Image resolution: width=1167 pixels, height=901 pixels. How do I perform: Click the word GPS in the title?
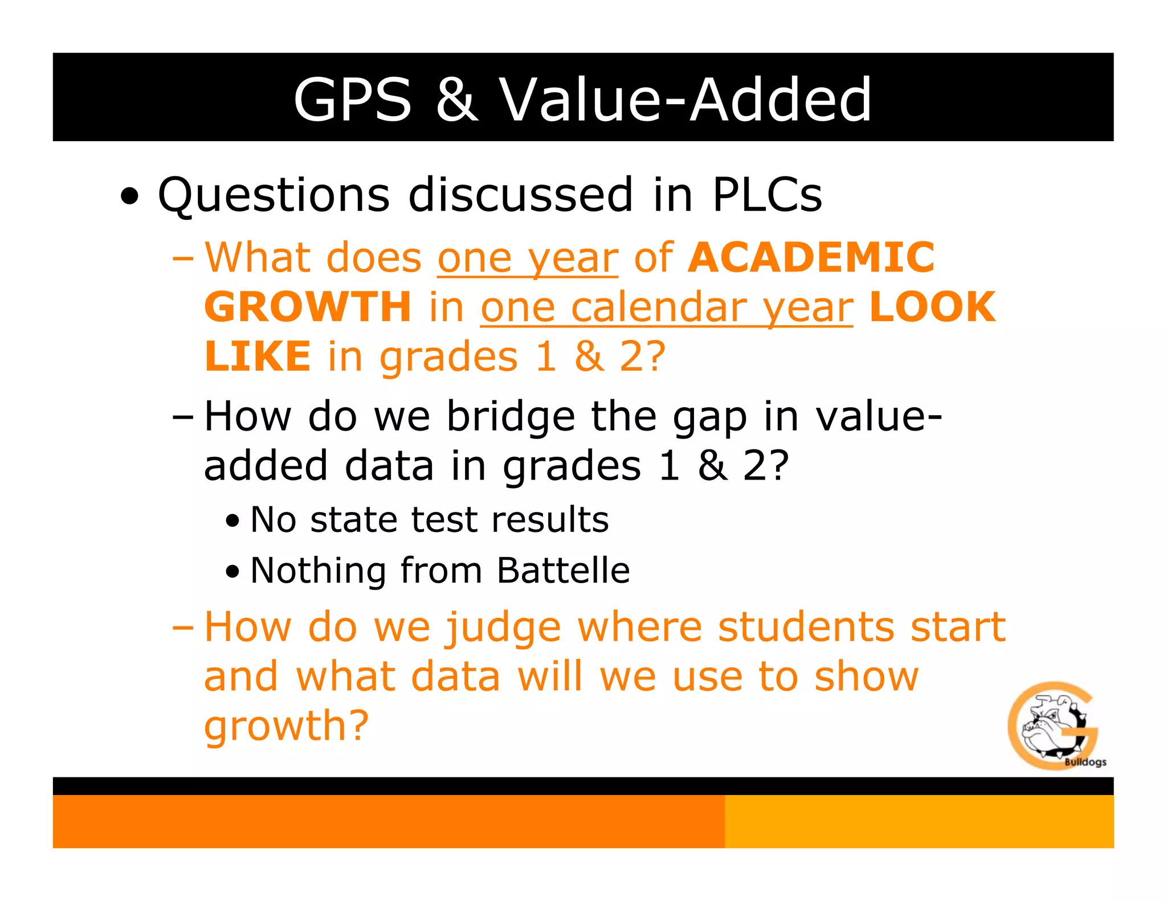352,100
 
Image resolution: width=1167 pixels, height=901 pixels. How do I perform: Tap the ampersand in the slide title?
456,100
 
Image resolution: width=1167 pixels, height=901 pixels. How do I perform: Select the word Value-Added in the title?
685,100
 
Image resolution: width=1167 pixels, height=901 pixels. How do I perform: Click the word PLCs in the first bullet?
767,195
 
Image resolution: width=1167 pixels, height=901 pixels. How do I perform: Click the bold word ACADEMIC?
811,257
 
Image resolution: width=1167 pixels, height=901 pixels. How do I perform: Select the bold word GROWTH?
308,307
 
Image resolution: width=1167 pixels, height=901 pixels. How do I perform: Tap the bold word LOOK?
932,307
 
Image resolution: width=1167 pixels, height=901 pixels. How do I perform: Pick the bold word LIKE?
258,357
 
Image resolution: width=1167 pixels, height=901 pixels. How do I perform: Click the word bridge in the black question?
510,417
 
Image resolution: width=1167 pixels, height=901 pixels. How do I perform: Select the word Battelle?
563,570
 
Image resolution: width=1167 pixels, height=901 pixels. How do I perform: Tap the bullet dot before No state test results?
232,521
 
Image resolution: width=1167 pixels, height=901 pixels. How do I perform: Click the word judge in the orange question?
503,628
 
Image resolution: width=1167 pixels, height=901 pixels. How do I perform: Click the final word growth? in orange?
287,726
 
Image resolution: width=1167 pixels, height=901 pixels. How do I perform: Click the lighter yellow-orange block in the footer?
919,821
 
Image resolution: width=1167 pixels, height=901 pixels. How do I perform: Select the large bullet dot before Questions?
130,197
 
